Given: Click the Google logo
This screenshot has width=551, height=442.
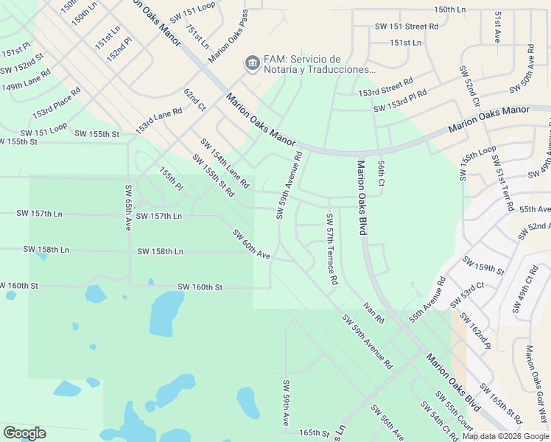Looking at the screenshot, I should (24, 432).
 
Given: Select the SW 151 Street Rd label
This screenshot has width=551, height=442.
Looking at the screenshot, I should (407, 26).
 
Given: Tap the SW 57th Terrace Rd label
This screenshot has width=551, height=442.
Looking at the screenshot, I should (331, 250).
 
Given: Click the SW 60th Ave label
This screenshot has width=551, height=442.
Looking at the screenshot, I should (252, 244).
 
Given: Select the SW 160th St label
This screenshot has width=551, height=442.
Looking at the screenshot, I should (200, 287).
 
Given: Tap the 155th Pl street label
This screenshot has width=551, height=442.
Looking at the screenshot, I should (170, 180).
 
